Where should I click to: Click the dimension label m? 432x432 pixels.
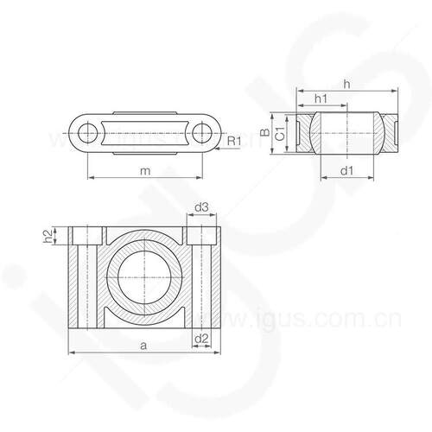(x=145, y=172)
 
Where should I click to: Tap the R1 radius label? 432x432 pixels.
(x=234, y=141)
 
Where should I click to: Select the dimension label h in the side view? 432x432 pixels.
(x=347, y=85)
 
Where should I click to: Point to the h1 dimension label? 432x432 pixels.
(x=321, y=98)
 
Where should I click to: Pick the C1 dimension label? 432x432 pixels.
(x=280, y=133)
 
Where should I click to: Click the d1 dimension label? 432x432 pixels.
(x=346, y=171)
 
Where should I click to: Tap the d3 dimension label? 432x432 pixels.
(x=201, y=207)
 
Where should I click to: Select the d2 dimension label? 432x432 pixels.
(x=201, y=339)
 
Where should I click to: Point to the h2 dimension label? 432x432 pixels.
(x=48, y=236)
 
